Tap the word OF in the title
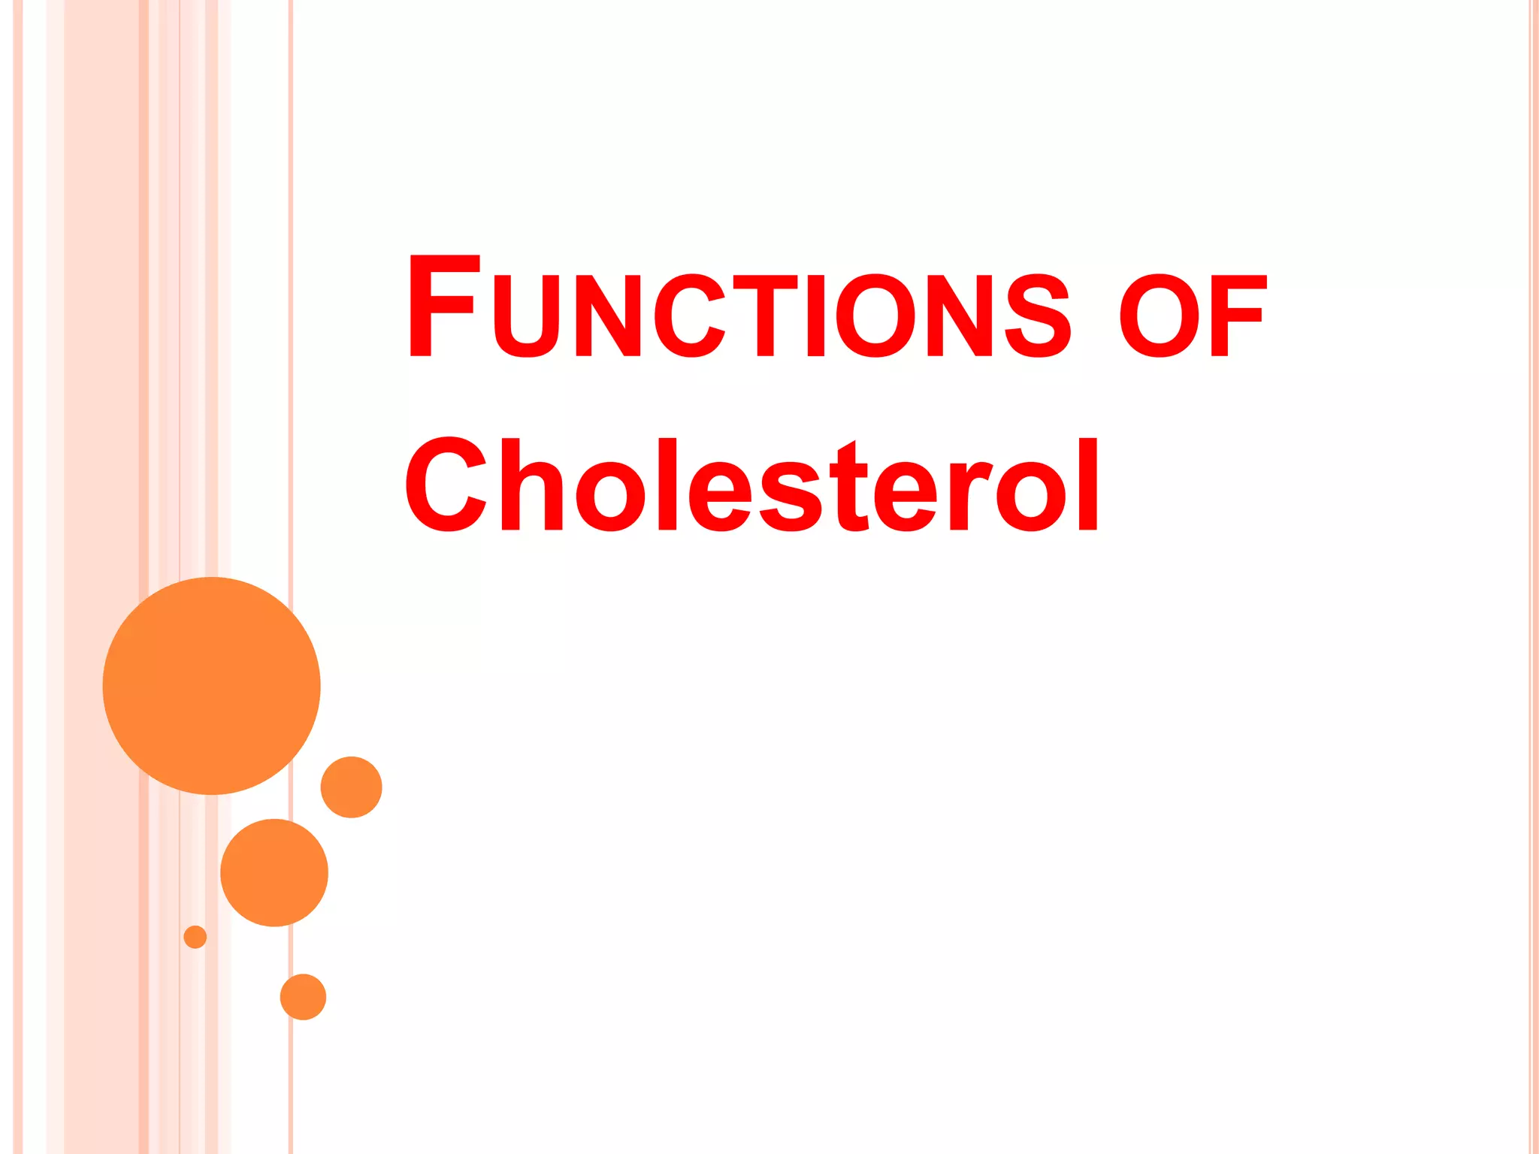pos(1193,316)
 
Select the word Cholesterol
pos(752,485)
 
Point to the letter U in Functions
pos(528,316)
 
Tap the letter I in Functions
pos(815,316)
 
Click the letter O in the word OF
pos(1159,316)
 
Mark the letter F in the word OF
pos(1238,316)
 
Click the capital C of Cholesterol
pos(446,485)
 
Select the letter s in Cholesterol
pos(789,496)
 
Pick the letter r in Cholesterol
pos(969,496)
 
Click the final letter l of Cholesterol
pos(1087,485)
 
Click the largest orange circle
pos(212,685)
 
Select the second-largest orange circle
pos(274,872)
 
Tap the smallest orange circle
pos(195,937)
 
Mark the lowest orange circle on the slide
pos(303,997)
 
